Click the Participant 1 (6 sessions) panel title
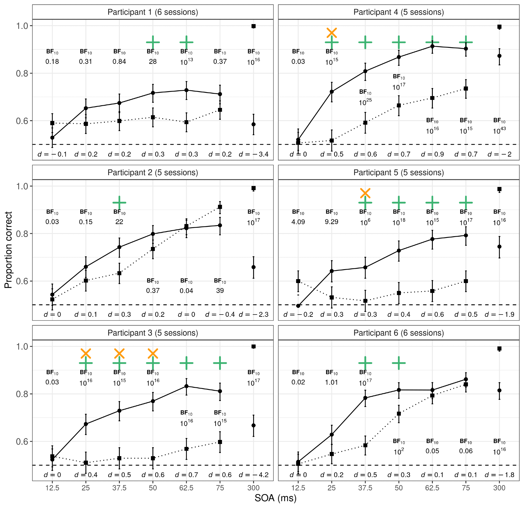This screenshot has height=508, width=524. (153, 12)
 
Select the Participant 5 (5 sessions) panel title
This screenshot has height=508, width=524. (398, 172)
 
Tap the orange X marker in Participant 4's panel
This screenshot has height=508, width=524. (331, 33)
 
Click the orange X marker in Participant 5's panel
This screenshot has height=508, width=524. (365, 193)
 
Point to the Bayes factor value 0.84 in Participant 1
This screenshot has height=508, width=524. (119, 62)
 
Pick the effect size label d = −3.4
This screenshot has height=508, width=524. (253, 154)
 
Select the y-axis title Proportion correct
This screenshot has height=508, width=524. (8, 250)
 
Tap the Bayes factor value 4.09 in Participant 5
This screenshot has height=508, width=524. (298, 222)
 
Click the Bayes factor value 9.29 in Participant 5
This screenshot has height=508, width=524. (331, 222)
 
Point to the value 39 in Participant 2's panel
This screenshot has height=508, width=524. (220, 290)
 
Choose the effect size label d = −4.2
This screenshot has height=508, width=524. (253, 475)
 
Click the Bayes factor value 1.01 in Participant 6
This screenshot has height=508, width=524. (331, 382)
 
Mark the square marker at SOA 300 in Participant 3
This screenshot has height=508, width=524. (253, 347)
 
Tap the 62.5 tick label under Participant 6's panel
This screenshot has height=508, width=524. (432, 488)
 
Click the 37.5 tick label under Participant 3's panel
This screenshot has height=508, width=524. (119, 488)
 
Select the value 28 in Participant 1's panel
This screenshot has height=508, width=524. (153, 62)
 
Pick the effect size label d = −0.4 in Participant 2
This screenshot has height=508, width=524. (220, 314)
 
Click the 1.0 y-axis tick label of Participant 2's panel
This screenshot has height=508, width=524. (22, 186)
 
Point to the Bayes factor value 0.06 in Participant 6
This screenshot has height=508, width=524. (466, 451)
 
